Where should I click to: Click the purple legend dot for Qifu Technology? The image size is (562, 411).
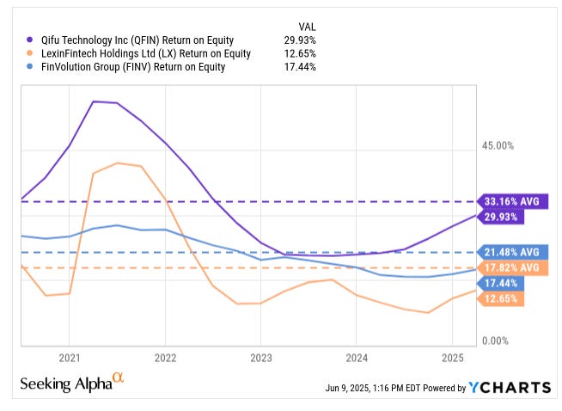[31, 39]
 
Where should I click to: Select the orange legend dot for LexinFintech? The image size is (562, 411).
[31, 53]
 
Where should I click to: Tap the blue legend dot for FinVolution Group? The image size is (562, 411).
[31, 67]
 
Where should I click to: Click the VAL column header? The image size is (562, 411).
[307, 25]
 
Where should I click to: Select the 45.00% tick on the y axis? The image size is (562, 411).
[497, 146]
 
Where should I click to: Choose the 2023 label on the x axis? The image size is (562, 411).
[261, 357]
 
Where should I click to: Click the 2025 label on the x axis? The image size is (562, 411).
[453, 357]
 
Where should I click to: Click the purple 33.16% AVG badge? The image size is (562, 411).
[511, 201]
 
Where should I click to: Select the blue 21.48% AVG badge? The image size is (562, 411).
[511, 252]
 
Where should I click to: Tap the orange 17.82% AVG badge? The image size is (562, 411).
[511, 268]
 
